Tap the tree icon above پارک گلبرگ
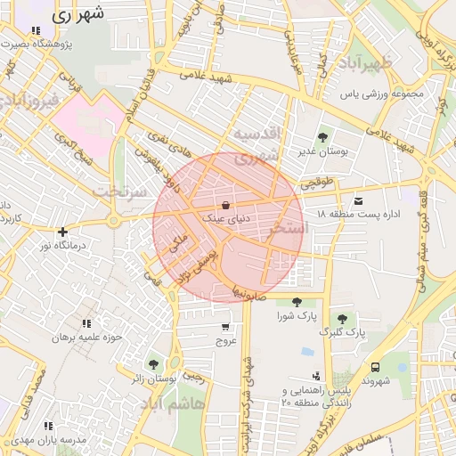tap(343, 319)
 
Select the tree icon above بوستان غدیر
tap(322, 137)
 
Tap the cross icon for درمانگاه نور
tap(62, 232)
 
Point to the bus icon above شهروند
tap(374, 366)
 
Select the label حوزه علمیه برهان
tap(85, 337)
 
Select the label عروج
tap(225, 340)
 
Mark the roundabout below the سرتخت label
tap(113, 221)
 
